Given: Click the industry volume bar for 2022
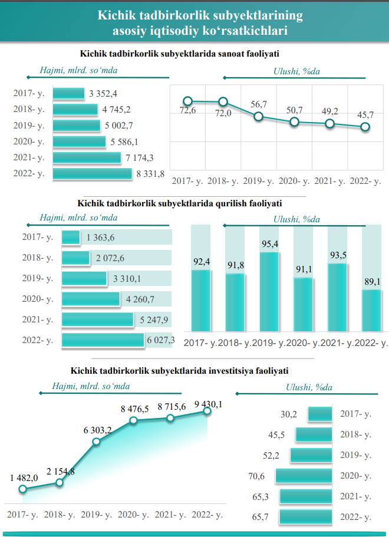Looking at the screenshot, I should [93, 174].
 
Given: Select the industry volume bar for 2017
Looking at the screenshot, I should [69, 94].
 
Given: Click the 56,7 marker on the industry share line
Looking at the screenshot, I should [258, 117].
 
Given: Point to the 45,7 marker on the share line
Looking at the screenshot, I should [365, 127].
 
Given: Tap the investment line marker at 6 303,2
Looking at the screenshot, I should [96, 441].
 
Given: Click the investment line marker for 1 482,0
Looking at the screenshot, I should [22, 489].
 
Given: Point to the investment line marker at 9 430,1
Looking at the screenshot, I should [207, 411].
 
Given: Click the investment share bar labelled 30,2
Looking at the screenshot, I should [321, 414].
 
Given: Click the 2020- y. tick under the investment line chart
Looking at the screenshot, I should [133, 515].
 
